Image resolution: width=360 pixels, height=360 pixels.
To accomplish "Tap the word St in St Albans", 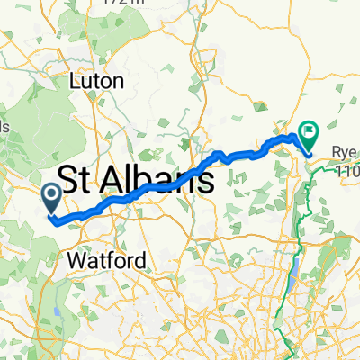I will click(x=79, y=179).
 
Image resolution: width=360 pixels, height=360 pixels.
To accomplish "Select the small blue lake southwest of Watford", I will click(x=58, y=310).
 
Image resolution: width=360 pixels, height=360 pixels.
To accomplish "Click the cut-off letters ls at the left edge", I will click(x=4, y=127).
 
